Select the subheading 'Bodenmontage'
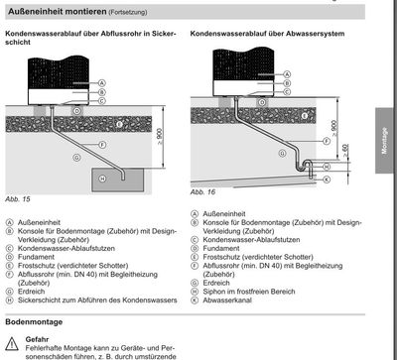click(x=37, y=322)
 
